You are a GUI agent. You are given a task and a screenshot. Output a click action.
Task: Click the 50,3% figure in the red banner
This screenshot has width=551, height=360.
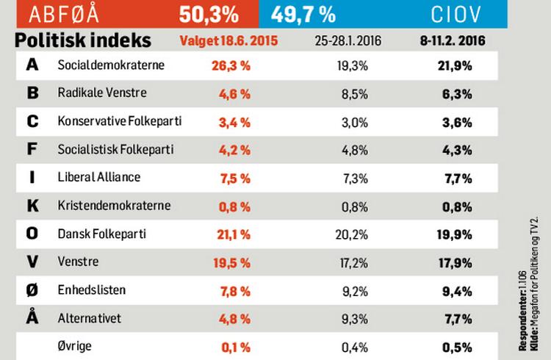pyautogui.click(x=209, y=15)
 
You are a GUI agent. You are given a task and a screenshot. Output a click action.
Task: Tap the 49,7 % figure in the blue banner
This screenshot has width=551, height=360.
pyautogui.click(x=303, y=15)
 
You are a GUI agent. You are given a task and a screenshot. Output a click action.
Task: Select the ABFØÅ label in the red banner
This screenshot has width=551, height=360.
pyautogui.click(x=64, y=15)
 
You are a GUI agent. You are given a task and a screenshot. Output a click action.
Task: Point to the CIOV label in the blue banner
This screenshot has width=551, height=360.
pyautogui.click(x=455, y=15)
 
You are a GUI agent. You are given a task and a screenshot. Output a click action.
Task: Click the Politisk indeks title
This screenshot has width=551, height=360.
pyautogui.click(x=83, y=40)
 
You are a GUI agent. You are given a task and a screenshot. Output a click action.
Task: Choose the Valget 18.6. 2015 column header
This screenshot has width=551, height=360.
pyautogui.click(x=228, y=41)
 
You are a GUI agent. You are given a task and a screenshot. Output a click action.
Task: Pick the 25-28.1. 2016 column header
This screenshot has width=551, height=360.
pyautogui.click(x=348, y=41)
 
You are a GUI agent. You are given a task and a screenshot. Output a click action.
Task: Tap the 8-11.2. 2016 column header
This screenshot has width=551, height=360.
pyautogui.click(x=453, y=41)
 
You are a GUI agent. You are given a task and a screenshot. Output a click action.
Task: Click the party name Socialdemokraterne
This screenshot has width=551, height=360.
pyautogui.click(x=111, y=65)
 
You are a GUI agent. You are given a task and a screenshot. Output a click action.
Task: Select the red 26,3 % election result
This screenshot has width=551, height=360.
pyautogui.click(x=231, y=65)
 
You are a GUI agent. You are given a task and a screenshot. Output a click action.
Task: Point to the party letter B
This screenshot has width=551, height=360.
pyautogui.click(x=32, y=93)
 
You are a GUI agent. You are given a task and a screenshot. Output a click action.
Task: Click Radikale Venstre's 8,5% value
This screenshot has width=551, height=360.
pyautogui.click(x=355, y=94)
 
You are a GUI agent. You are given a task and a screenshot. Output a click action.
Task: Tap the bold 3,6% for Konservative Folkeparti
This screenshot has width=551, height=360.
pyautogui.click(x=457, y=123)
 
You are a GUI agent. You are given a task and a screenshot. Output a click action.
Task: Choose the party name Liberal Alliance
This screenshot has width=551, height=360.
pyautogui.click(x=99, y=177)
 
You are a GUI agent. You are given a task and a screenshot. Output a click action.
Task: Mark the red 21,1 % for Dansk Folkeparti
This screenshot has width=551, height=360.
pyautogui.click(x=234, y=234)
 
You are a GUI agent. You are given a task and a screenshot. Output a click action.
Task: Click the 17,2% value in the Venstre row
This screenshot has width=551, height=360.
pyautogui.click(x=354, y=263)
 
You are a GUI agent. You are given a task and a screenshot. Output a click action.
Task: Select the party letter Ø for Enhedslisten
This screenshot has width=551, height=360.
pyautogui.click(x=32, y=290)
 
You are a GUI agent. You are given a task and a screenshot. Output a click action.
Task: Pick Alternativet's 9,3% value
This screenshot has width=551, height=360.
pyautogui.click(x=355, y=319)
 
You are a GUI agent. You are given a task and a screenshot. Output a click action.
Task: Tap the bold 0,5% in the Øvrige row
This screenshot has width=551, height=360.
pyautogui.click(x=457, y=348)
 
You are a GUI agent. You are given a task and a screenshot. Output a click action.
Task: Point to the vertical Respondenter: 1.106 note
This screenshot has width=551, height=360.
pyautogui.click(x=522, y=311)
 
